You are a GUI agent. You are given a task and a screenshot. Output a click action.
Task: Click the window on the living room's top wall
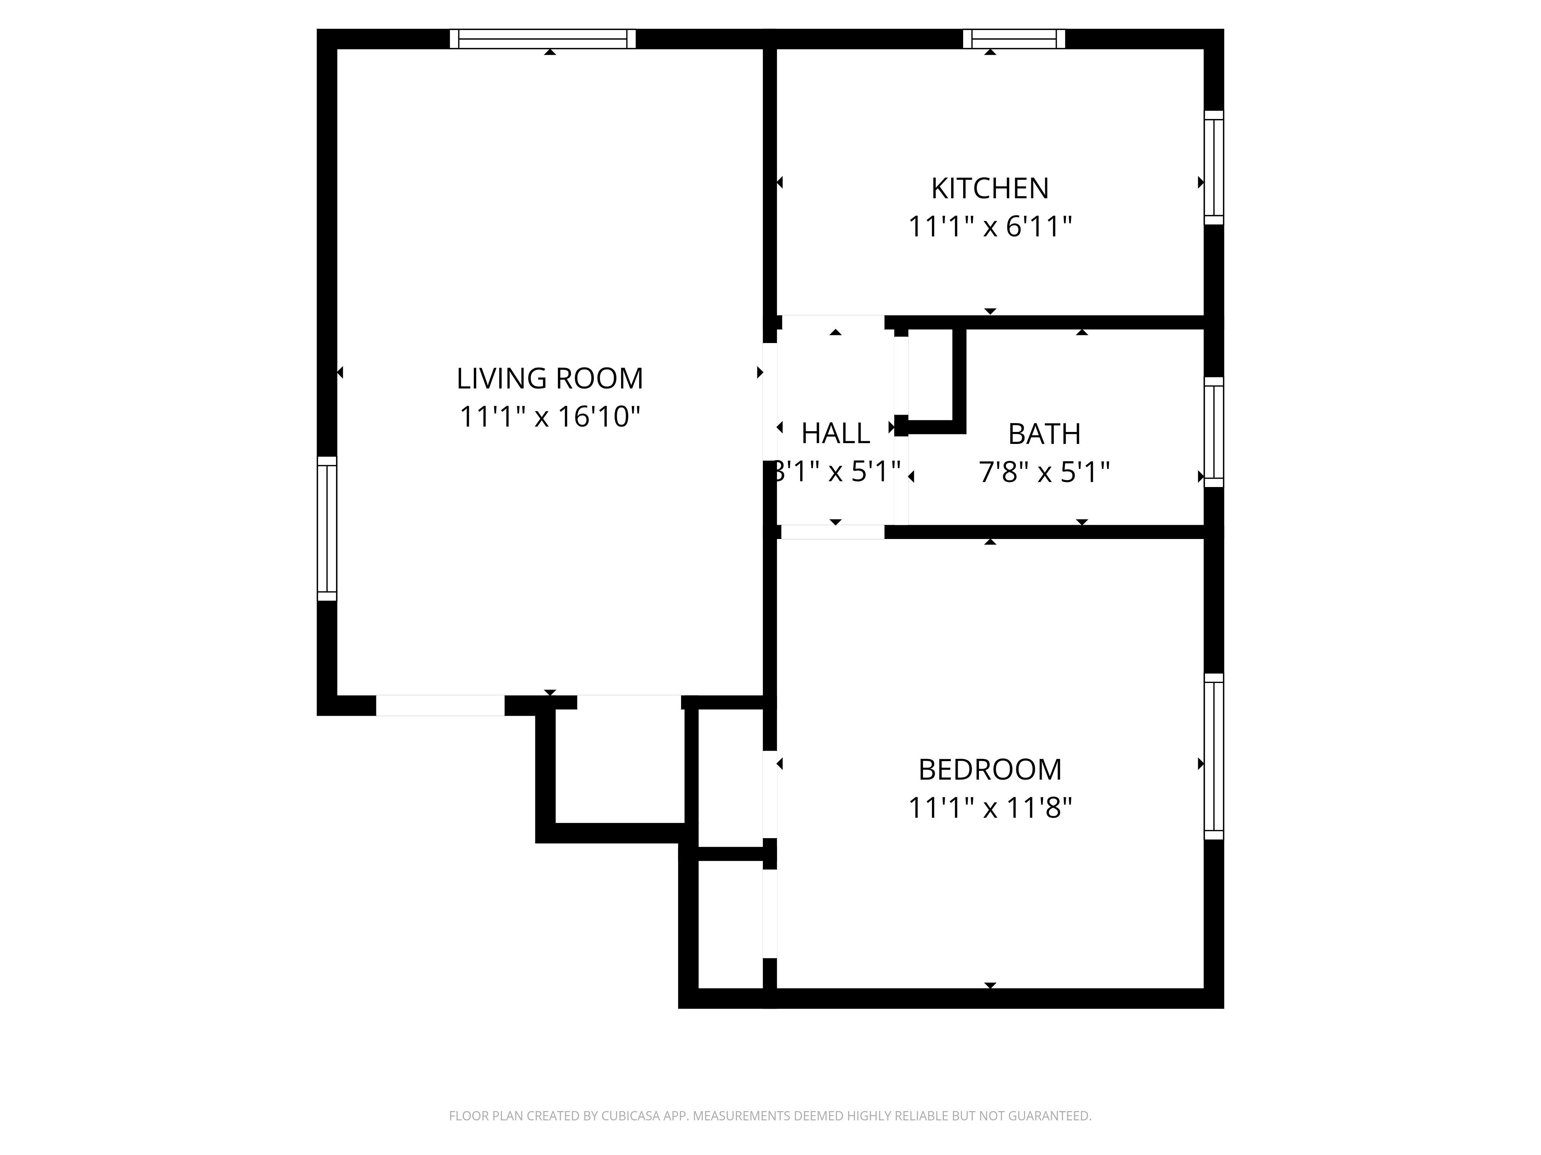[x=543, y=39]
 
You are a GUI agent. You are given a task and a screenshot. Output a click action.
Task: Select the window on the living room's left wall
[x=327, y=529]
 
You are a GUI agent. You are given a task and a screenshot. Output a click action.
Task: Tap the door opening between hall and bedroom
[x=833, y=532]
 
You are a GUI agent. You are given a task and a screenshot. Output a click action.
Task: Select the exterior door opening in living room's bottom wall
[x=440, y=705]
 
